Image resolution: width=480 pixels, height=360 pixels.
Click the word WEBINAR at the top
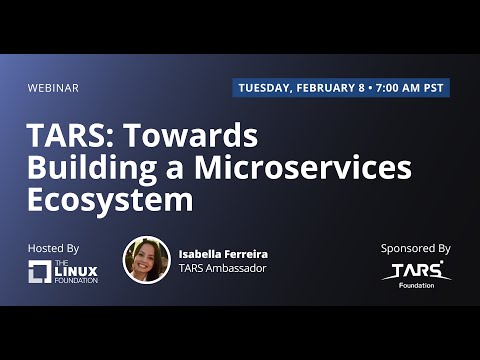pyautogui.click(x=54, y=88)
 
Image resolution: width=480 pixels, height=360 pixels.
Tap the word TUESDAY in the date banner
pyautogui.click(x=264, y=88)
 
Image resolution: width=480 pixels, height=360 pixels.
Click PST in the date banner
pyautogui.click(x=434, y=88)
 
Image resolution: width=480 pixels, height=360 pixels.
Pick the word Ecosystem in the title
pyautogui.click(x=110, y=200)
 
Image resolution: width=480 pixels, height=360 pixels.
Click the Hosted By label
pyautogui.click(x=54, y=248)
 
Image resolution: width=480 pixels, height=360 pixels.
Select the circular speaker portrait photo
pyautogui.click(x=147, y=260)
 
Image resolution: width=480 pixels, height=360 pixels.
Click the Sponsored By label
pyautogui.click(x=415, y=248)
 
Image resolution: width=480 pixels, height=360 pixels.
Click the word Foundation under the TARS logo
pyautogui.click(x=415, y=286)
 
